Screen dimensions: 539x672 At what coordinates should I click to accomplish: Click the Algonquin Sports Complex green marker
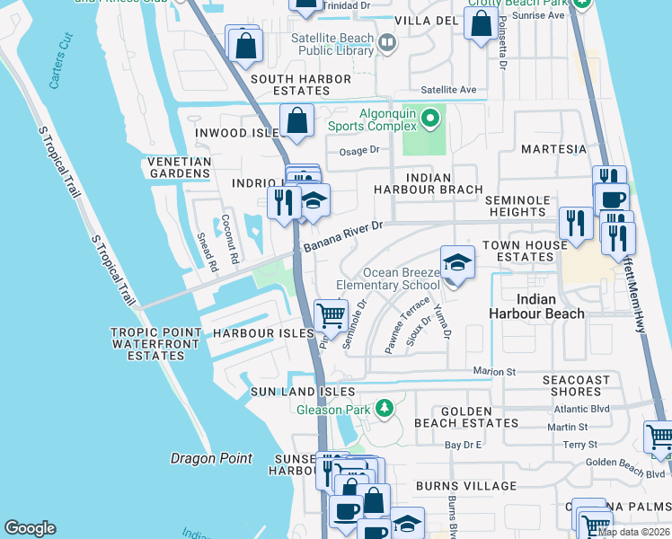tap(430, 118)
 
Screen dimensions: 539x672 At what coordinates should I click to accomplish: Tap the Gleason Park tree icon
tap(385, 410)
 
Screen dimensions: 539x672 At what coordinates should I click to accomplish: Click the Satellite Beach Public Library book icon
tap(387, 42)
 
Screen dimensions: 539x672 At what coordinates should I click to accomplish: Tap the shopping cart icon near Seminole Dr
tap(331, 314)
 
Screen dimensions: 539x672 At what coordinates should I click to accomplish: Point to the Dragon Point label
tap(211, 458)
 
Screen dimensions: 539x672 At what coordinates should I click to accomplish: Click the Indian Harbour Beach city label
tap(536, 305)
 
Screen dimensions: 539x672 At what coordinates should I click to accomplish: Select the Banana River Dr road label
tap(343, 238)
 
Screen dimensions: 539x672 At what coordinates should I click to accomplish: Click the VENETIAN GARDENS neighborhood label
tap(172, 168)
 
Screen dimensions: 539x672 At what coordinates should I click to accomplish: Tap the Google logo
tap(31, 528)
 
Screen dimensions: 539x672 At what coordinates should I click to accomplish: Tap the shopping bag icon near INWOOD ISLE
tap(296, 120)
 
